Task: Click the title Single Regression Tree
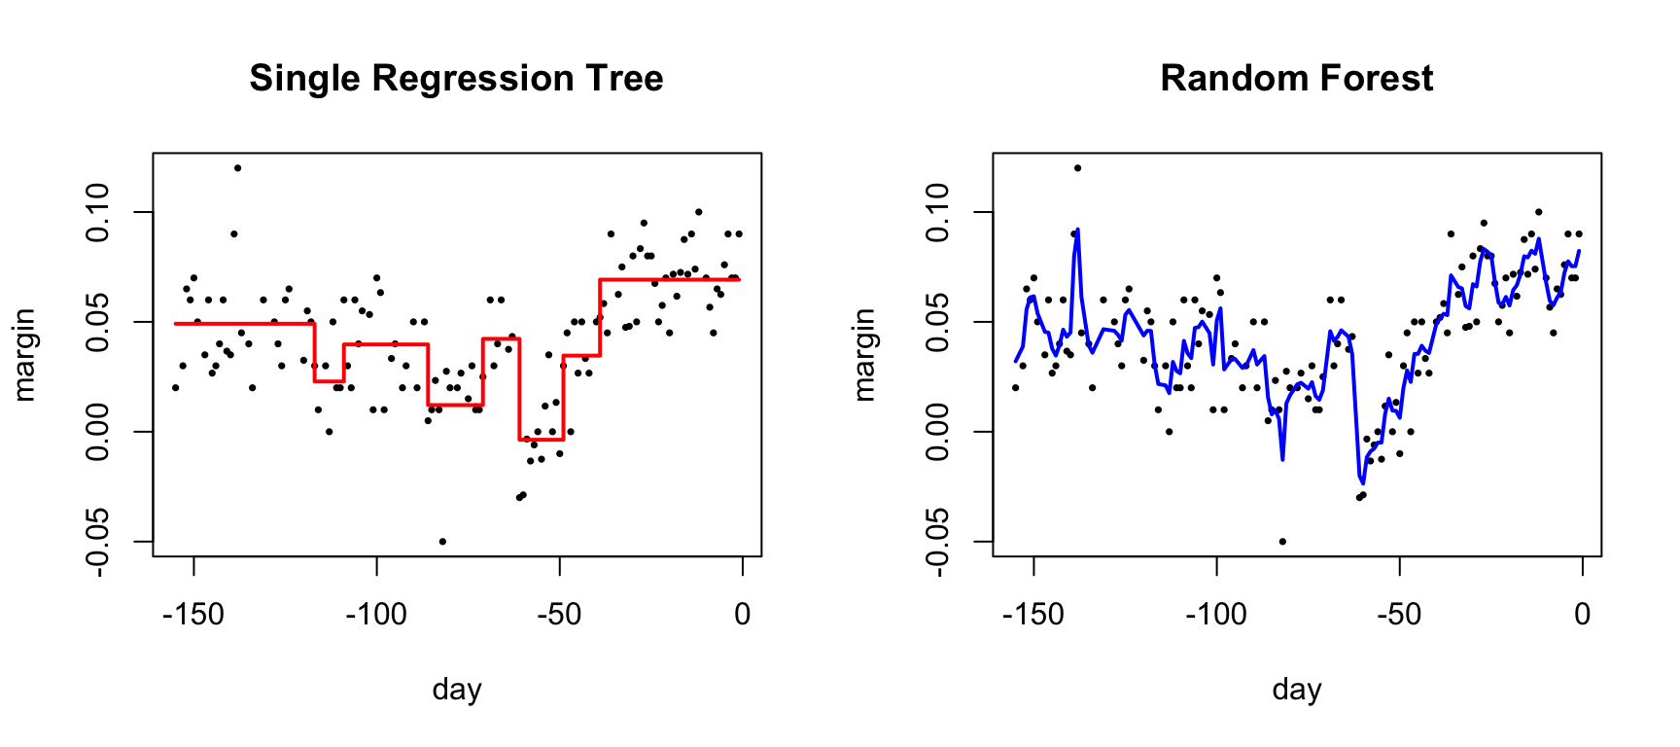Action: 456,78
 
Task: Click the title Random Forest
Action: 1296,78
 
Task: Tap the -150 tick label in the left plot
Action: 193,614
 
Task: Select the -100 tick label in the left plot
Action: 376,614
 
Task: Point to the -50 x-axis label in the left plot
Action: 560,614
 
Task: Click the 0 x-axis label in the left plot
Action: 743,614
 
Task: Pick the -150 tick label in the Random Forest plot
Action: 1033,614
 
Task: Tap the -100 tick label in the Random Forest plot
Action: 1216,614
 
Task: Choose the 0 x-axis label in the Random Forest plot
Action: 1583,614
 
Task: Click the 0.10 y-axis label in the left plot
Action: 98,212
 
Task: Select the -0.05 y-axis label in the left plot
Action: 98,541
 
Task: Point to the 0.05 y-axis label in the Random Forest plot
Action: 938,322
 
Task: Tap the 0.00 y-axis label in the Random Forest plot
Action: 938,432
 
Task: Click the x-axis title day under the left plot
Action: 456,690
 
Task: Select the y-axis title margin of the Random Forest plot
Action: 863,355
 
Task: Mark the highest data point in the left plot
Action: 237,168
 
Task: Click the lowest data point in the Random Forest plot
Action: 1282,542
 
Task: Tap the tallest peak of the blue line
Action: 1078,230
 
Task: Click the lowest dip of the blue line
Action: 1363,482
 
